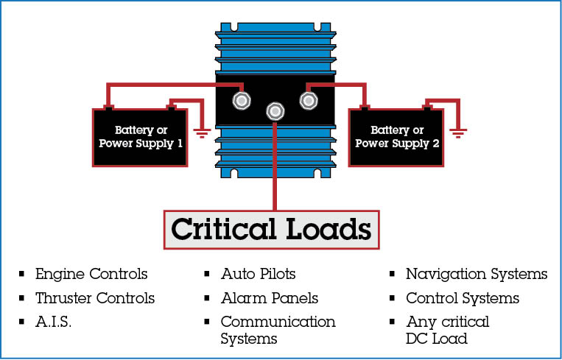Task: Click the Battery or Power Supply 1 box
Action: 140,137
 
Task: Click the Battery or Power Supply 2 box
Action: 396,137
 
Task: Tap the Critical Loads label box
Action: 270,229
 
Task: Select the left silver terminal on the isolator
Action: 241,99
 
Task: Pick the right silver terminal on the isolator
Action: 309,99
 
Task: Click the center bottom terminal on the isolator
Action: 275,111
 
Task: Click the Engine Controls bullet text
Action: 91,275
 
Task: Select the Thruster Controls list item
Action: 95,298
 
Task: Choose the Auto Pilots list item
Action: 258,275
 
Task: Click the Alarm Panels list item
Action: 270,298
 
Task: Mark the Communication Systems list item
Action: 278,330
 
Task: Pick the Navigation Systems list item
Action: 477,275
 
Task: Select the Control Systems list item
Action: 463,298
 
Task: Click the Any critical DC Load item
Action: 447,330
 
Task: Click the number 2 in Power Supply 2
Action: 436,144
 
